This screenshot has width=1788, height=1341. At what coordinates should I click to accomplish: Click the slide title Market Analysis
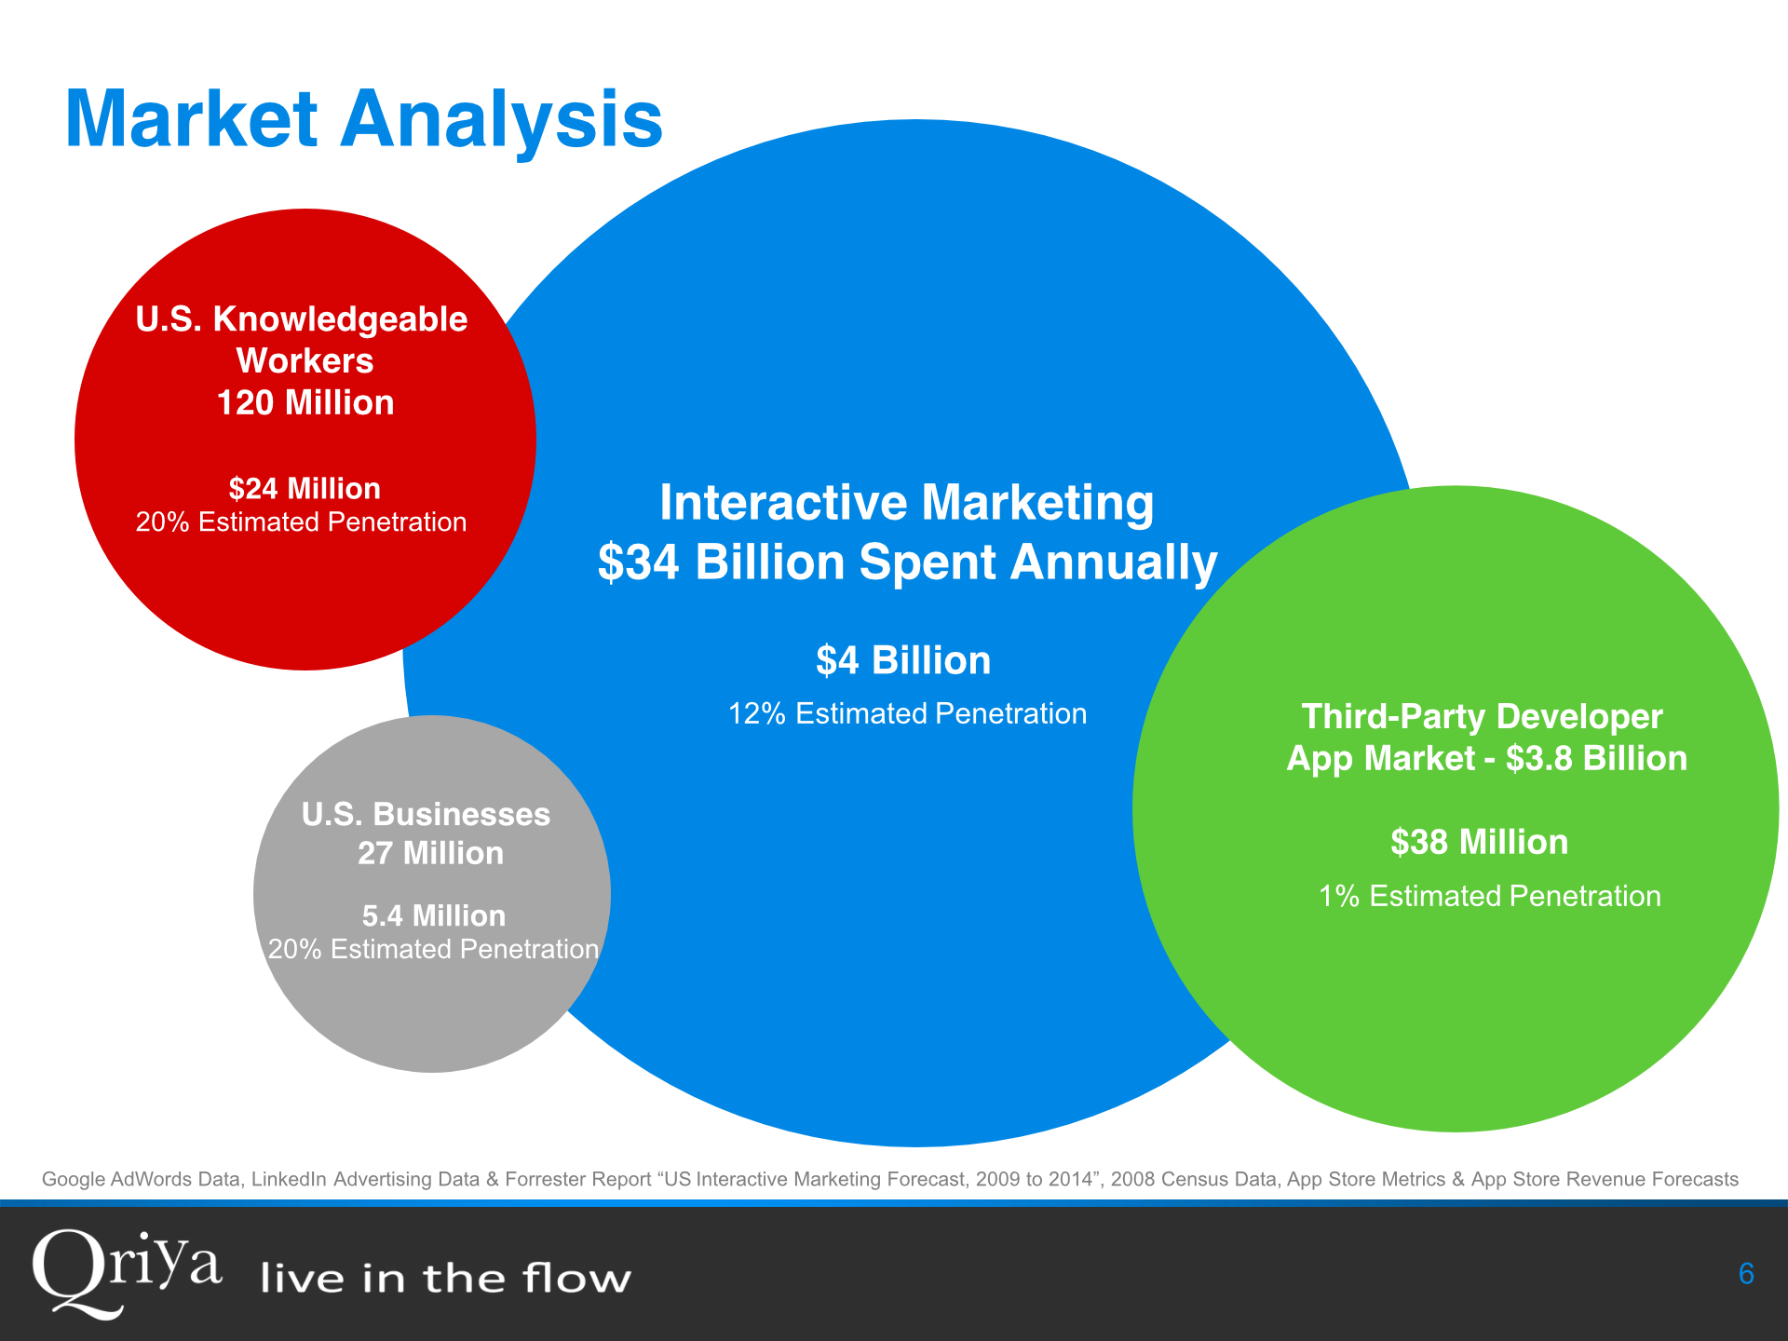pyautogui.click(x=363, y=119)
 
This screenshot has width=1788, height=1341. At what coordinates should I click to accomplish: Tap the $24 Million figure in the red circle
pyautogui.click(x=305, y=488)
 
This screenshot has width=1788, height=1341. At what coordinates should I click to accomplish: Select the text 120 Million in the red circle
pyautogui.click(x=305, y=402)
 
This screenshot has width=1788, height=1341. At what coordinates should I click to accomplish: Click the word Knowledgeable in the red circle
pyautogui.click(x=340, y=318)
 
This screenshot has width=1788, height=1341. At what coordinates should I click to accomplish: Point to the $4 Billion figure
pyautogui.click(x=903, y=660)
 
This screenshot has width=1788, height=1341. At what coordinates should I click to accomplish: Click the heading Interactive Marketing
pyautogui.click(x=906, y=502)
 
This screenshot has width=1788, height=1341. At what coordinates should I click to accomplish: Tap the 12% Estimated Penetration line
pyautogui.click(x=907, y=713)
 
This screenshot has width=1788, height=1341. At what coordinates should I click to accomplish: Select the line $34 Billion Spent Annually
pyautogui.click(x=907, y=562)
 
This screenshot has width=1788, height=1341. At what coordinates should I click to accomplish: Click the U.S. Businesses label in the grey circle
pyautogui.click(x=426, y=814)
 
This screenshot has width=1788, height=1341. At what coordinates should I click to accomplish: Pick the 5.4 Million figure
pyautogui.click(x=433, y=915)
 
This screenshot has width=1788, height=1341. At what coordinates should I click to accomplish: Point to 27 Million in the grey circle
pyautogui.click(x=430, y=853)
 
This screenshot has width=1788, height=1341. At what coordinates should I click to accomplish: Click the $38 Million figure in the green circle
pyautogui.click(x=1479, y=842)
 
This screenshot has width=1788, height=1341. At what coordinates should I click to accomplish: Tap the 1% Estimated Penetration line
pyautogui.click(x=1489, y=896)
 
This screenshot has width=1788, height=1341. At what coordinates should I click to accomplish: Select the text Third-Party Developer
pyautogui.click(x=1482, y=716)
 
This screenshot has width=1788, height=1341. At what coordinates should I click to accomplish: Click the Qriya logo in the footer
pyautogui.click(x=127, y=1273)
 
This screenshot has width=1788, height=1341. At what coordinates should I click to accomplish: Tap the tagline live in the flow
pyautogui.click(x=445, y=1278)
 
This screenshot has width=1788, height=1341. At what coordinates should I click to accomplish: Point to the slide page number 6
pyautogui.click(x=1746, y=1273)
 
